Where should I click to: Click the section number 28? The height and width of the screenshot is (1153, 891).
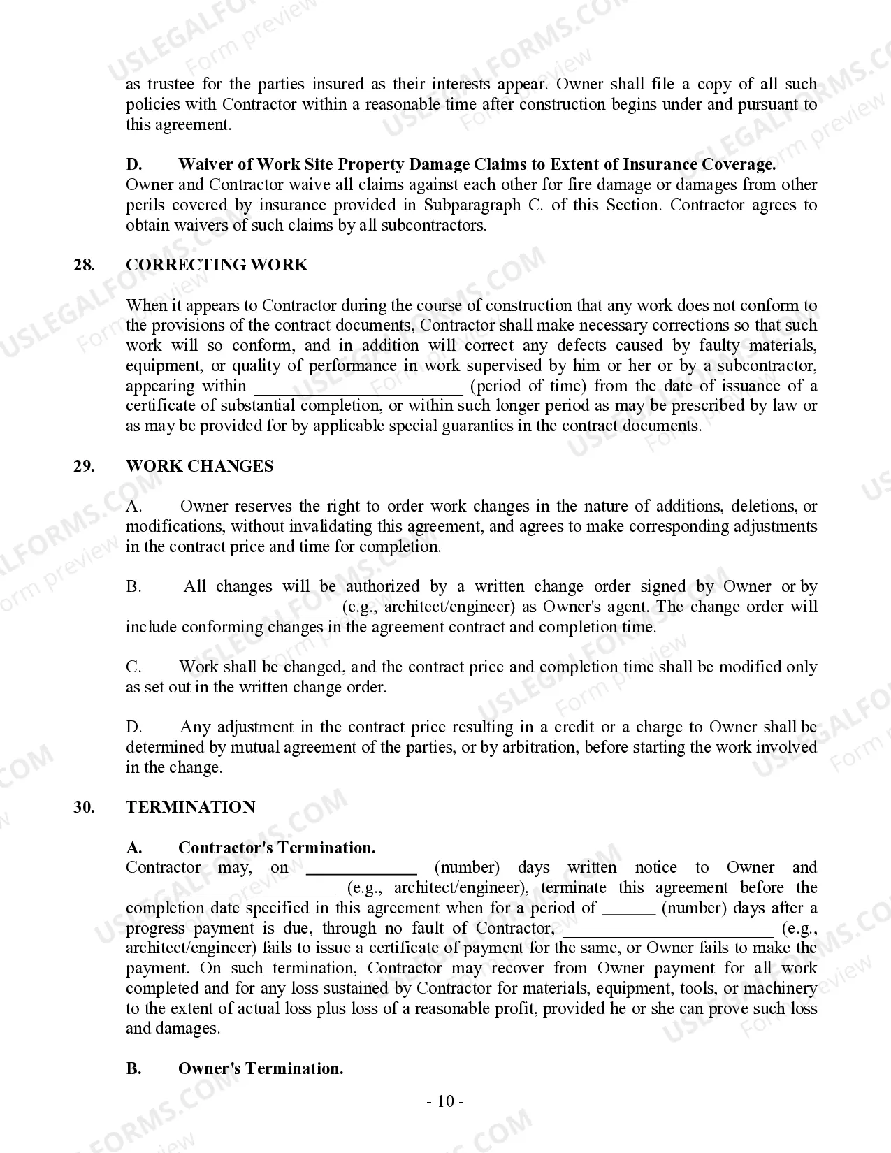(84, 265)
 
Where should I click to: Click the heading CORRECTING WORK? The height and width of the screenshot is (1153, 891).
(217, 265)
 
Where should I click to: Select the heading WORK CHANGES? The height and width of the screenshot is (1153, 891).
(199, 466)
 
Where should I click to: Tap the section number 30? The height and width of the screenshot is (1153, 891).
(84, 807)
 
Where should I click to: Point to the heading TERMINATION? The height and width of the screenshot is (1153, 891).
(190, 807)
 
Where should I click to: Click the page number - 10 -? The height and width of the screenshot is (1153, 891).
(445, 1102)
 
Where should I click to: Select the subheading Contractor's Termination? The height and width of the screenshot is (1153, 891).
(277, 848)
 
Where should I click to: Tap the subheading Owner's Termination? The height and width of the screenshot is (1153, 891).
(261, 1068)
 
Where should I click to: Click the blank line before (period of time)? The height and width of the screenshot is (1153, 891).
(358, 389)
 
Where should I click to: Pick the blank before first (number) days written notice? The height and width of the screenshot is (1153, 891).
(362, 869)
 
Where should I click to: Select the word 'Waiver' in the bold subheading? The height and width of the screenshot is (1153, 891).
(205, 164)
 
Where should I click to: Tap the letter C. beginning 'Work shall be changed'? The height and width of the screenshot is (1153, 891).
(133, 667)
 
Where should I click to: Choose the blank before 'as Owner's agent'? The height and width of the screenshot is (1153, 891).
(231, 609)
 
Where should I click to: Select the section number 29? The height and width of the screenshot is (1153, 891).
(84, 466)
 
